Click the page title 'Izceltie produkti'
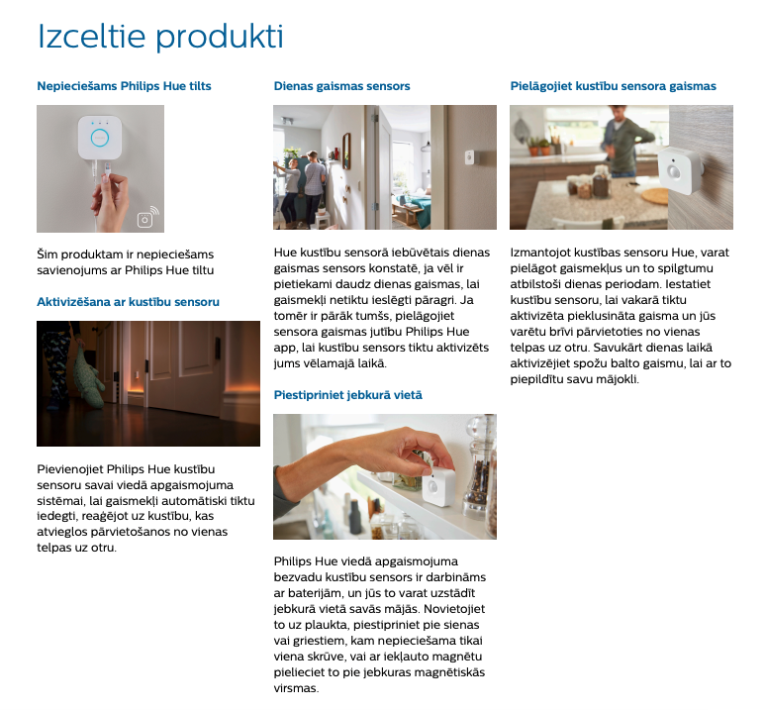[x=160, y=37]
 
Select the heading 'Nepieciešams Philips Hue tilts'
[x=125, y=86]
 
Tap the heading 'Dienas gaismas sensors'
[x=341, y=86]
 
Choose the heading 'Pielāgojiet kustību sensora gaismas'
[x=613, y=86]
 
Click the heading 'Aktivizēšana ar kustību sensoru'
[x=128, y=302]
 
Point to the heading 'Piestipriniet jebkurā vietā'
[x=348, y=395]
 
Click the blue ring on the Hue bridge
[x=100, y=138]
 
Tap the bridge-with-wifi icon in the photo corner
[x=147, y=217]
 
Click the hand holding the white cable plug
[x=110, y=201]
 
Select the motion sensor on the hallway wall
[x=469, y=157]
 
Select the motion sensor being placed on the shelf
[x=437, y=486]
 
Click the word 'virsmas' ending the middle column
[x=296, y=688]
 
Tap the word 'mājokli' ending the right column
[x=618, y=379]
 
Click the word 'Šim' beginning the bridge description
[x=48, y=254]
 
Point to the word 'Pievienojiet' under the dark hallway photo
[x=69, y=469]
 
